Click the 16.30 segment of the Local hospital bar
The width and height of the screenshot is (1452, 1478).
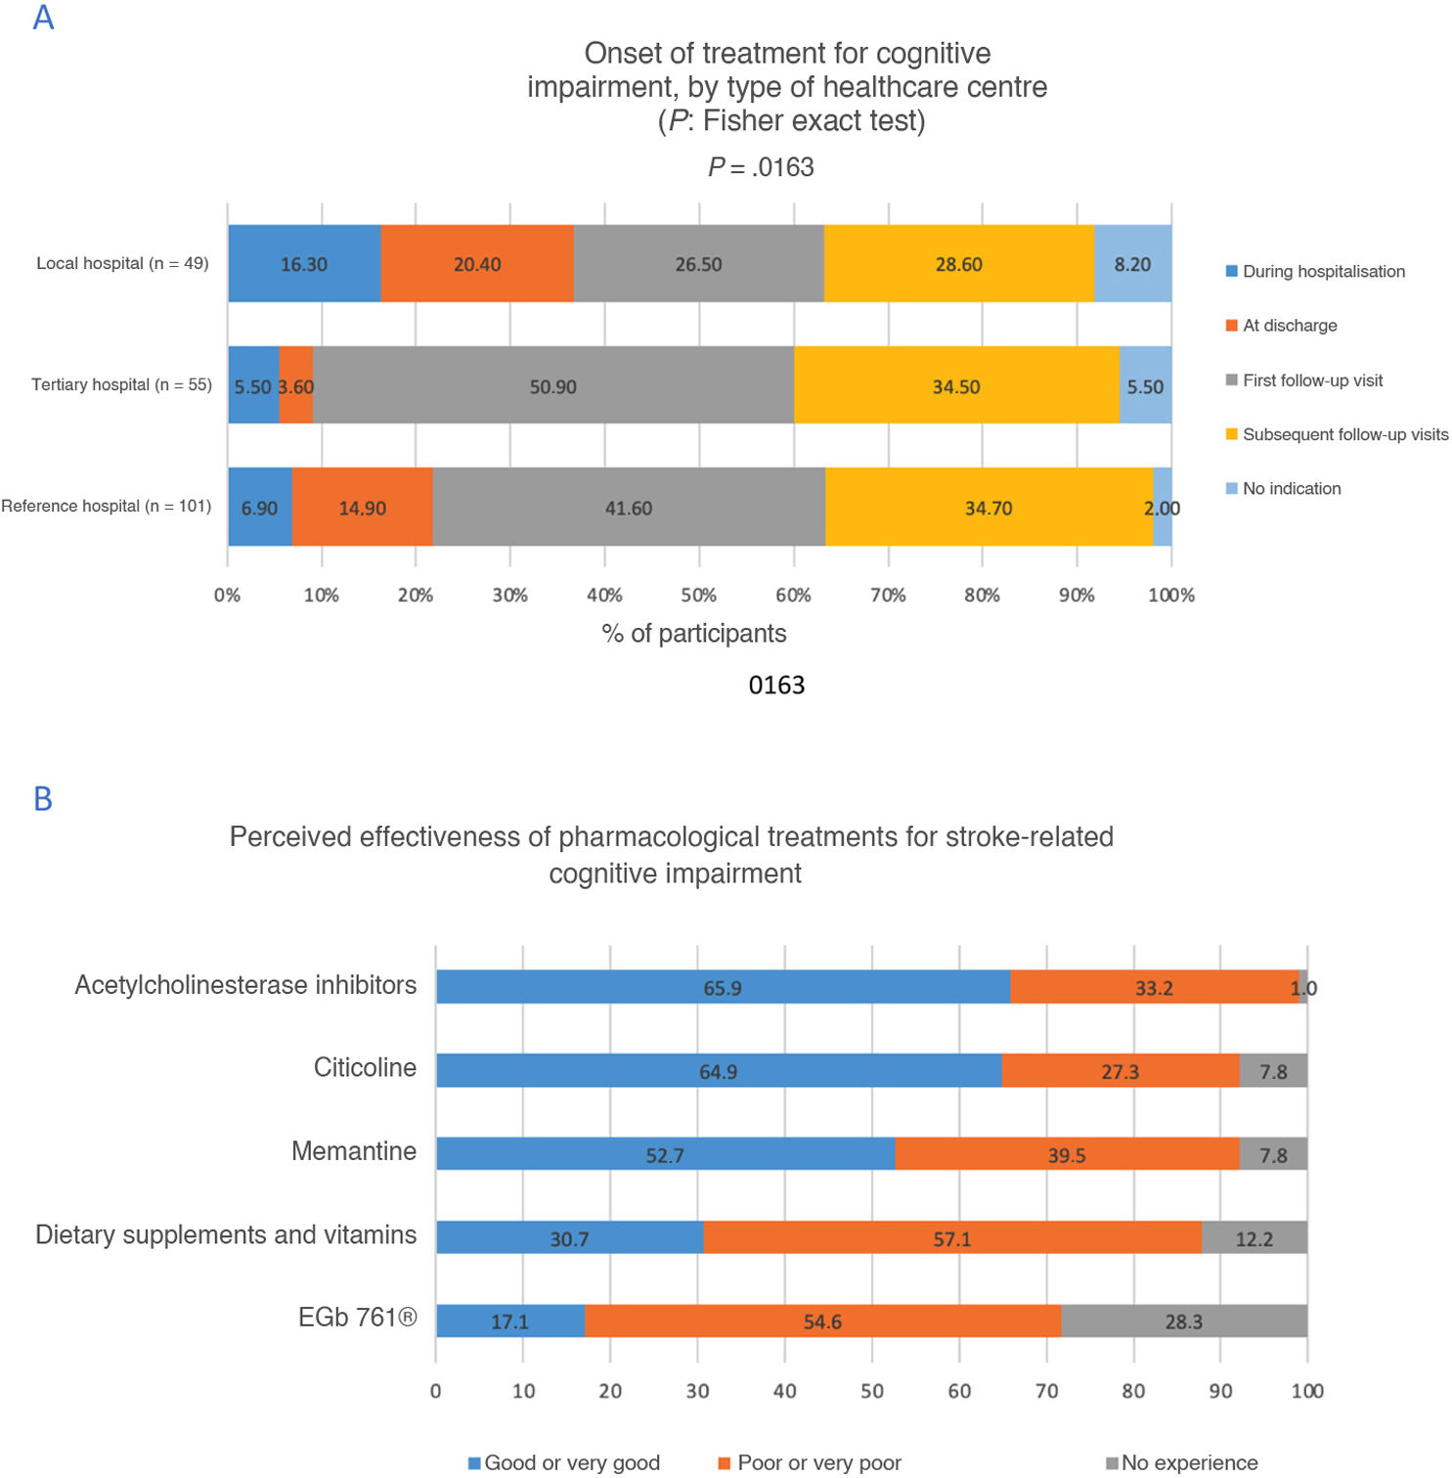(304, 264)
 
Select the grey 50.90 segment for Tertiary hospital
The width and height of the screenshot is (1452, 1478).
(553, 386)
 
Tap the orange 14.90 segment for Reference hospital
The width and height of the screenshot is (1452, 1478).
(362, 508)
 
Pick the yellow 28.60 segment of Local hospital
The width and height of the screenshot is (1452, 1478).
(958, 264)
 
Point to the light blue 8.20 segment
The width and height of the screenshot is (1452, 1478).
(1132, 264)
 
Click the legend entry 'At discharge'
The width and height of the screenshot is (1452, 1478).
(1289, 326)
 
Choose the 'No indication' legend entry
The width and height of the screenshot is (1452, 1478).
(1291, 489)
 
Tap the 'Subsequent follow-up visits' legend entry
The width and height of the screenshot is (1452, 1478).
(1344, 434)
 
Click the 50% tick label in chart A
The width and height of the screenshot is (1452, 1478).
(698, 595)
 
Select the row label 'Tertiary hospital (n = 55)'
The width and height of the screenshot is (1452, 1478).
(121, 384)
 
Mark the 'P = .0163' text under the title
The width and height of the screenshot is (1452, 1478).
(761, 167)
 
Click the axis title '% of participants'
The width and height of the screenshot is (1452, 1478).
(694, 634)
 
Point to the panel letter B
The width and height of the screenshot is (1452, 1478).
(43, 799)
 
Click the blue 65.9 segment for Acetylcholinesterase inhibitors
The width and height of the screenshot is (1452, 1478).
(723, 987)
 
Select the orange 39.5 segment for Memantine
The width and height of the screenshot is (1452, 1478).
(1066, 1154)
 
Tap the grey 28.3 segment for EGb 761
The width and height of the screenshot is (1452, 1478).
(1183, 1321)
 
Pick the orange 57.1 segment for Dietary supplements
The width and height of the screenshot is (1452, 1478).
(951, 1238)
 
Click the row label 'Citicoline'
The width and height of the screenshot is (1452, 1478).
(365, 1067)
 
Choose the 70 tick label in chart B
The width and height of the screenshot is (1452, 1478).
(1046, 1391)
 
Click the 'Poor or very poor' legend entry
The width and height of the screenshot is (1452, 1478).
(818, 1462)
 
